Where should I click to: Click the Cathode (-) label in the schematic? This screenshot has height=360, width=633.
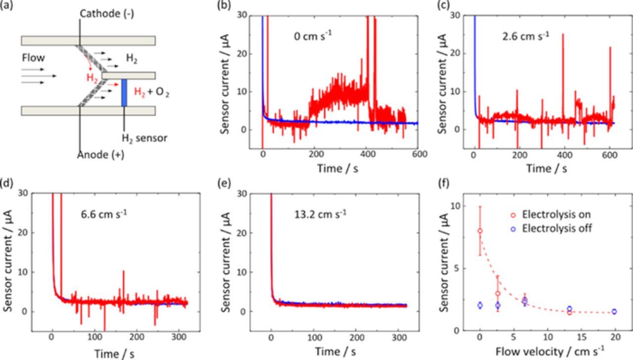tap(106, 14)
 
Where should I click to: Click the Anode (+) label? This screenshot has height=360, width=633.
tap(100, 155)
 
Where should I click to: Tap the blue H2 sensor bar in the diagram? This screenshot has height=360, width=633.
tap(124, 92)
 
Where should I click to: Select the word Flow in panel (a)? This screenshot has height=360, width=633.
tap(33, 58)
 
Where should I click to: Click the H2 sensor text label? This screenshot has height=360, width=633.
tap(144, 138)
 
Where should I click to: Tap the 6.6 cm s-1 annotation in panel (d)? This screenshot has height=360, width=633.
tap(103, 215)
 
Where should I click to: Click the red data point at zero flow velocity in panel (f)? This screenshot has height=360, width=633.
tap(480, 231)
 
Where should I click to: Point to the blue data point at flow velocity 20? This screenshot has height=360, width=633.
tap(614, 312)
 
